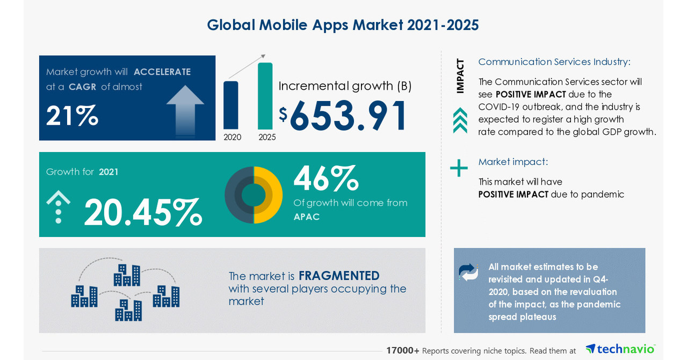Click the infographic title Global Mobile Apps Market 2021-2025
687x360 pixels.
343,25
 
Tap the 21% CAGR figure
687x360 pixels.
72,115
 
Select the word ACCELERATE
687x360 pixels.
162,72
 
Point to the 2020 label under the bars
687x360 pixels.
233,137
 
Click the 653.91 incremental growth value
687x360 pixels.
349,115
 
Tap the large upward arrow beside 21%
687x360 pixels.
185,110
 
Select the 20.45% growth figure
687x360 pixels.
143,212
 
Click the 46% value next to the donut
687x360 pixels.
326,178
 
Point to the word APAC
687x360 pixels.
307,217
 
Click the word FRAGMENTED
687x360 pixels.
339,276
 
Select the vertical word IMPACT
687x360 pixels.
460,76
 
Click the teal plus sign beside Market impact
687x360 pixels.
459,168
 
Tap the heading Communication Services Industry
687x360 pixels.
554,62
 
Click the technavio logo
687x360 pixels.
620,349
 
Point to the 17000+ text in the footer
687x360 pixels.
403,350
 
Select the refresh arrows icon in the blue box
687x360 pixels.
468,272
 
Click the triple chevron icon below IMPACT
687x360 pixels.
460,120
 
